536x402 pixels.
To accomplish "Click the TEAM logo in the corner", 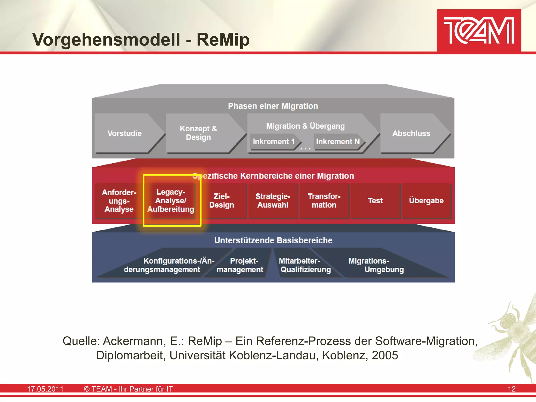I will click(x=479, y=30).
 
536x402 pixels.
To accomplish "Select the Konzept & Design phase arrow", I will click(x=199, y=133).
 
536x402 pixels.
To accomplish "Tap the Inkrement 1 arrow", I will click(x=273, y=142).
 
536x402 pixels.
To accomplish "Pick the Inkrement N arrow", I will click(x=338, y=142).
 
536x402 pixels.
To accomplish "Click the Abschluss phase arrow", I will click(x=411, y=133).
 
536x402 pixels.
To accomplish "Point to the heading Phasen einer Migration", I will click(x=273, y=106).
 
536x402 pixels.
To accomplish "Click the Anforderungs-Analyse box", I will click(x=119, y=201).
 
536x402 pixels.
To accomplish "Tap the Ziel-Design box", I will click(x=222, y=201).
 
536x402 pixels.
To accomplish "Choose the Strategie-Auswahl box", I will click(x=273, y=201).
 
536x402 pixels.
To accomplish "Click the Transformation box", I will click(x=324, y=201).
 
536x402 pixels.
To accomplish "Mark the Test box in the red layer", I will click(x=375, y=201).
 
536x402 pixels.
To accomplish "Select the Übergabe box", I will click(x=426, y=201).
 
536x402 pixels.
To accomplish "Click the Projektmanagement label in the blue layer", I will click(x=240, y=265).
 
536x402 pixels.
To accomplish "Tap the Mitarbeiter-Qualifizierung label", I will click(x=305, y=265).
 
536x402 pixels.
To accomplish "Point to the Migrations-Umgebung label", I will click(x=376, y=265).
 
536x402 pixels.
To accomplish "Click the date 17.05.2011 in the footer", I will click(x=45, y=389).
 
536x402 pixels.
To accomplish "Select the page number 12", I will click(x=511, y=389).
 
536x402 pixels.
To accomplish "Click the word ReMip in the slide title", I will click(x=223, y=40).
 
